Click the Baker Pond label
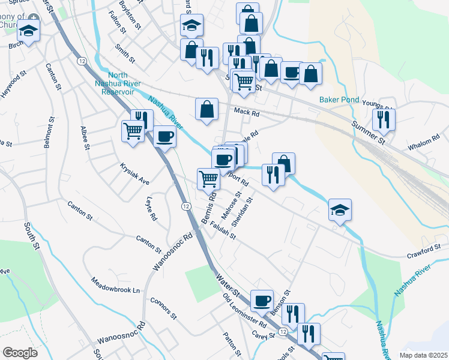(x=339, y=100)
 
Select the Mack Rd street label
(x=246, y=112)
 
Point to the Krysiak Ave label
(x=134, y=172)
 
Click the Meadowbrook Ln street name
(x=115, y=286)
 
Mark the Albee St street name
(x=85, y=138)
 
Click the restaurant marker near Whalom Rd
(x=384, y=119)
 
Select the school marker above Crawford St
(x=340, y=210)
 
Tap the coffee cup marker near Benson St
(x=262, y=301)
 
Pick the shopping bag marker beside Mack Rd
(x=206, y=110)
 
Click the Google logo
(x=20, y=353)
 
